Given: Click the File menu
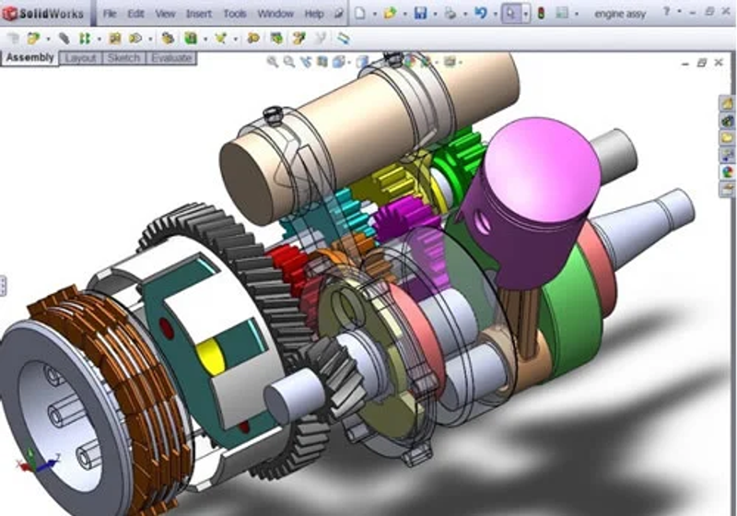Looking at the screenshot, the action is pyautogui.click(x=110, y=14).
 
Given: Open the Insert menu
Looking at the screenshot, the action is pyautogui.click(x=199, y=14).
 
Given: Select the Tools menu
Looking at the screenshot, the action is pyautogui.click(x=235, y=14).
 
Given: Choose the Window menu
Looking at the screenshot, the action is pyautogui.click(x=275, y=14).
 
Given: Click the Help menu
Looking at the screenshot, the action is pyautogui.click(x=314, y=14).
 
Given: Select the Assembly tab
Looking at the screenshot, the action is pyautogui.click(x=29, y=58).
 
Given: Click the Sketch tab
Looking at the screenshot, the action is pyautogui.click(x=123, y=58).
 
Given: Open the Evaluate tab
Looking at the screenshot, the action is pyautogui.click(x=170, y=58).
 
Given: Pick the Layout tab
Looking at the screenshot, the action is pyautogui.click(x=80, y=58).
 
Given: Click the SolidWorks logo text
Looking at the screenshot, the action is pyautogui.click(x=51, y=14).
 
